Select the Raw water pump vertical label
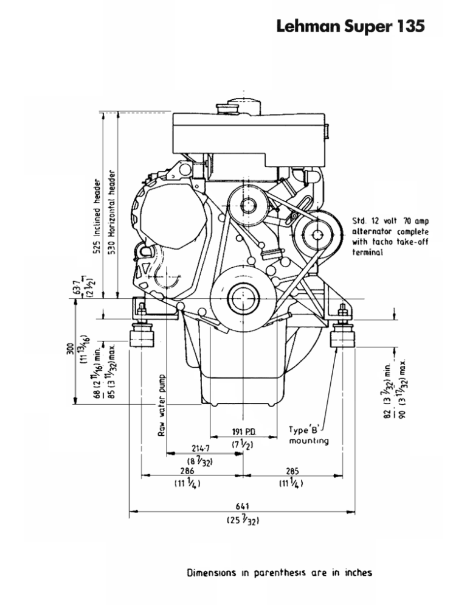click(x=162, y=404)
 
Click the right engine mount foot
click(x=342, y=337)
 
